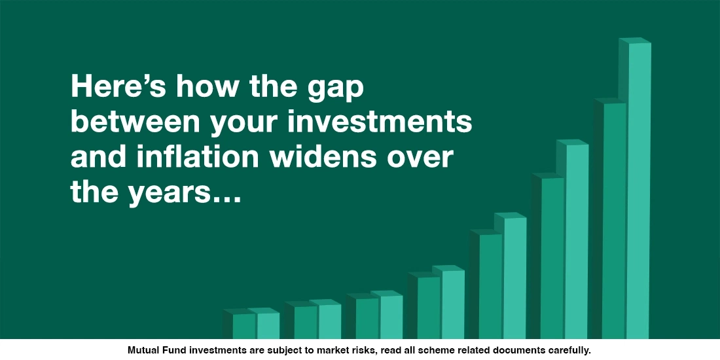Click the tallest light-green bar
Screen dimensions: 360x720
(x=639, y=190)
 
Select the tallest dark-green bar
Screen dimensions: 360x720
(x=615, y=219)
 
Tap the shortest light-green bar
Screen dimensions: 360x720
(x=268, y=325)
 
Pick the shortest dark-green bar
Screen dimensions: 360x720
(x=243, y=325)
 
